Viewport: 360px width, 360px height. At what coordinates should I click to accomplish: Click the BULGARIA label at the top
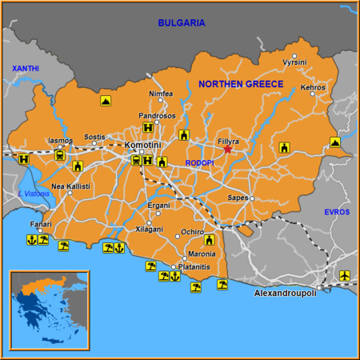[182, 23]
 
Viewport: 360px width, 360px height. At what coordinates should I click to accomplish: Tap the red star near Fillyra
[228, 150]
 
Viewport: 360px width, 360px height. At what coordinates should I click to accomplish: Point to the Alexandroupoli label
[285, 294]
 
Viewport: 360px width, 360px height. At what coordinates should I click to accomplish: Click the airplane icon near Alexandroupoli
[345, 276]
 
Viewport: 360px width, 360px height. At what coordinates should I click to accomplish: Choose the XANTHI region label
[24, 70]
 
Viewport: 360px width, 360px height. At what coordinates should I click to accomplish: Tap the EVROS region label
[337, 212]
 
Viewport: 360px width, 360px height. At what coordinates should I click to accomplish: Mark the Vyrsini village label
[294, 62]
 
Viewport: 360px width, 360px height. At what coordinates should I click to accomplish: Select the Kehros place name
[313, 87]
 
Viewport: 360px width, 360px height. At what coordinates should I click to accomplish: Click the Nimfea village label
[160, 94]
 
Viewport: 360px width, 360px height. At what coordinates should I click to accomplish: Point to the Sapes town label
[238, 197]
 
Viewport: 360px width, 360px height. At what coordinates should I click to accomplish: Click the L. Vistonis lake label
[33, 194]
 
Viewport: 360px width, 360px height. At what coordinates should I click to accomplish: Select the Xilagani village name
[150, 229]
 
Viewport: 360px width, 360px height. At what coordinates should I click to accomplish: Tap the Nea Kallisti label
[70, 186]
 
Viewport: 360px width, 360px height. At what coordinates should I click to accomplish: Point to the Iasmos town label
[60, 140]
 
